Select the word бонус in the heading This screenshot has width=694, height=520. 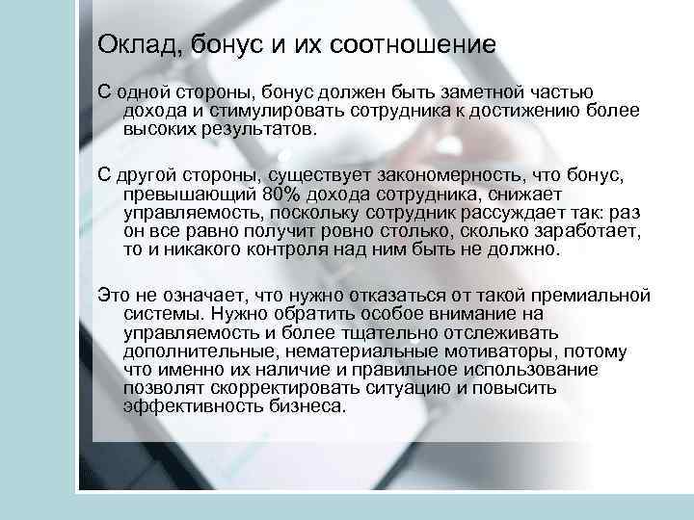(x=210, y=45)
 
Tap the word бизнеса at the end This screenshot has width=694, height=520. (x=305, y=407)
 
